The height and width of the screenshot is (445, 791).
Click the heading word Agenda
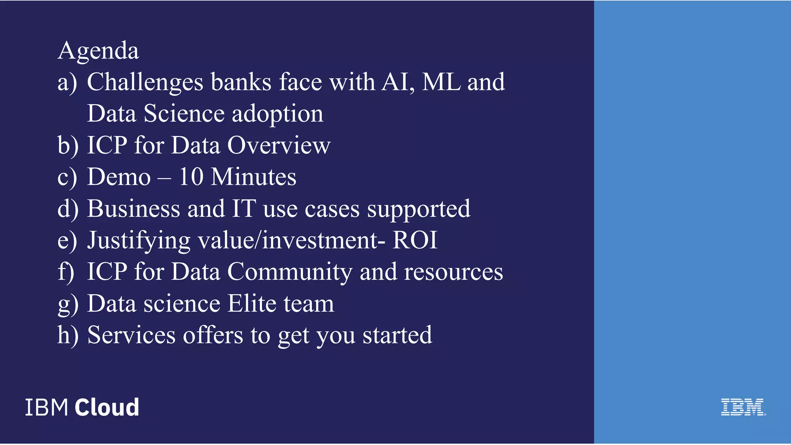[x=98, y=51]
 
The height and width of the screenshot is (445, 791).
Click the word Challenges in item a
[x=145, y=82]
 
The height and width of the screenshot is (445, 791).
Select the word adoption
[x=277, y=114]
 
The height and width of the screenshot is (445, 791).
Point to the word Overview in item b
[x=278, y=146]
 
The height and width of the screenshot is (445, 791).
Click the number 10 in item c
[x=191, y=177]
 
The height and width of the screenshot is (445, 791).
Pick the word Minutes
[x=254, y=177]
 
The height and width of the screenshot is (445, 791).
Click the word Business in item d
[x=133, y=209]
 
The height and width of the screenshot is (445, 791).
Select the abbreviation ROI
[x=415, y=240]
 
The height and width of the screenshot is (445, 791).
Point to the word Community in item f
[x=290, y=272]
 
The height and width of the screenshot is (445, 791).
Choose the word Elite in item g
[x=251, y=304]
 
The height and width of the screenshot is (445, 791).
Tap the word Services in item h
[x=131, y=335]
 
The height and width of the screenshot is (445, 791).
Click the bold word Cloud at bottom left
[x=107, y=407]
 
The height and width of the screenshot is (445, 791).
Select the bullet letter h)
[x=68, y=335]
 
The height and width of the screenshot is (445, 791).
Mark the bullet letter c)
[x=67, y=178]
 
